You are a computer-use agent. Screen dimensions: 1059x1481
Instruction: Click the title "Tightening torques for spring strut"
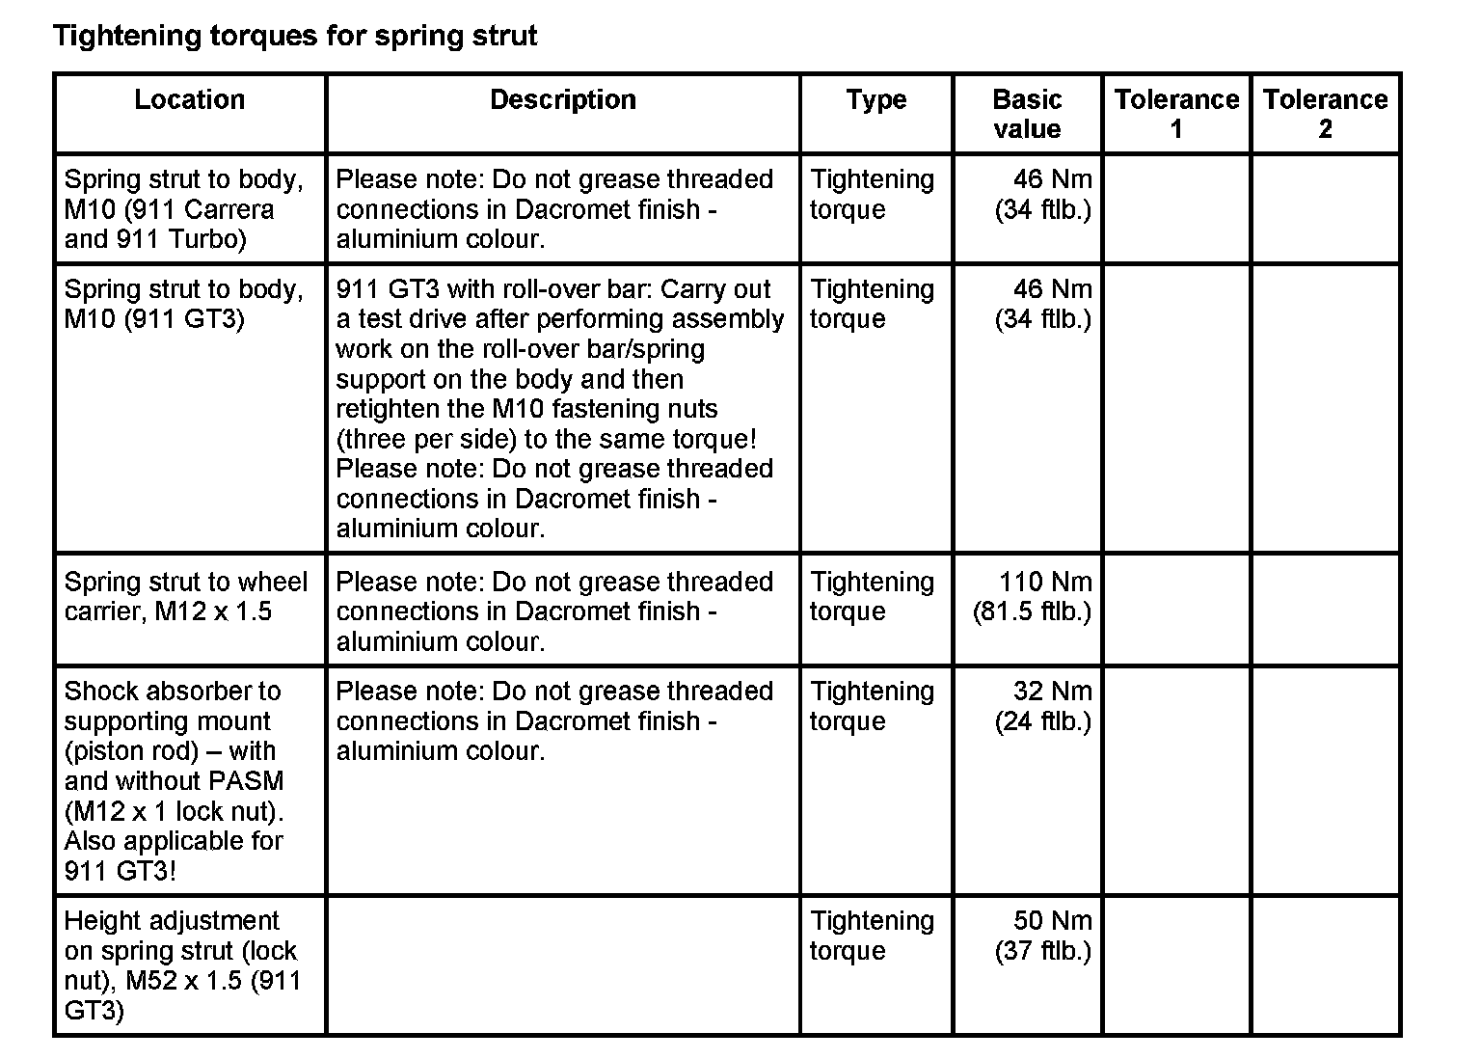point(294,37)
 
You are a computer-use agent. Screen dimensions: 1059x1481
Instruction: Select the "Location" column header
point(189,100)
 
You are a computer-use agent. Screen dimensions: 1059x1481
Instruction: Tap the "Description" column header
point(562,100)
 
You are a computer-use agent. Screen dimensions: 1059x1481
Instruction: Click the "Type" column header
point(875,100)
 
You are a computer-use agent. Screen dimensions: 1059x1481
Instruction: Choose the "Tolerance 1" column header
point(1175,114)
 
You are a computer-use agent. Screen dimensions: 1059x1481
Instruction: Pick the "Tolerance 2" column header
point(1325,114)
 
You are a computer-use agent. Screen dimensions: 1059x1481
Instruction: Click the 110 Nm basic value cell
point(1032,597)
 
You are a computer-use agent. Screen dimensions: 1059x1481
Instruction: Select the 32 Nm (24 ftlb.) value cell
point(1042,706)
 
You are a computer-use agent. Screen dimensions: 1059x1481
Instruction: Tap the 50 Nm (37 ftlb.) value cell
point(1042,936)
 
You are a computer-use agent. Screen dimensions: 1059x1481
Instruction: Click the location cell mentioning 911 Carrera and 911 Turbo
point(183,209)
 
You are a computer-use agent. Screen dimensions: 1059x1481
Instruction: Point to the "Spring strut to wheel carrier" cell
point(185,597)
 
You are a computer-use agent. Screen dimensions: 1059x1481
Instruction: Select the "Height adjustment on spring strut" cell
point(183,965)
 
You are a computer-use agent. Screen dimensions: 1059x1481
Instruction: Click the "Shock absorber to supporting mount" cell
point(174,780)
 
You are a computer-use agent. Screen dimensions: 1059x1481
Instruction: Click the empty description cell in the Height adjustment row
point(563,965)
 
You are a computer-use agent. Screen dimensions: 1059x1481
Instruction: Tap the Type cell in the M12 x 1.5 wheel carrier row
point(872,597)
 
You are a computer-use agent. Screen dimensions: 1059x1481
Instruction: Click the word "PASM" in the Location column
point(249,781)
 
